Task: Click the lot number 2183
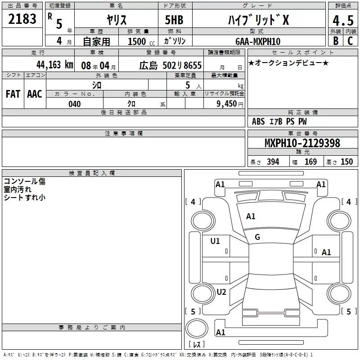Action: (x=22, y=19)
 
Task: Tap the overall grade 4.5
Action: (x=343, y=20)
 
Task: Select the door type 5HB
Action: (x=174, y=20)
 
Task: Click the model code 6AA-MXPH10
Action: (x=258, y=41)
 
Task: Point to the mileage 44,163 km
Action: (x=55, y=65)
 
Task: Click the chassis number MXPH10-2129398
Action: (x=302, y=143)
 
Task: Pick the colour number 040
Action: (x=75, y=104)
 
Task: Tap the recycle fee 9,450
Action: (x=227, y=104)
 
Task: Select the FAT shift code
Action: (x=13, y=94)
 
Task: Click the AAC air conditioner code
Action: (x=35, y=94)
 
